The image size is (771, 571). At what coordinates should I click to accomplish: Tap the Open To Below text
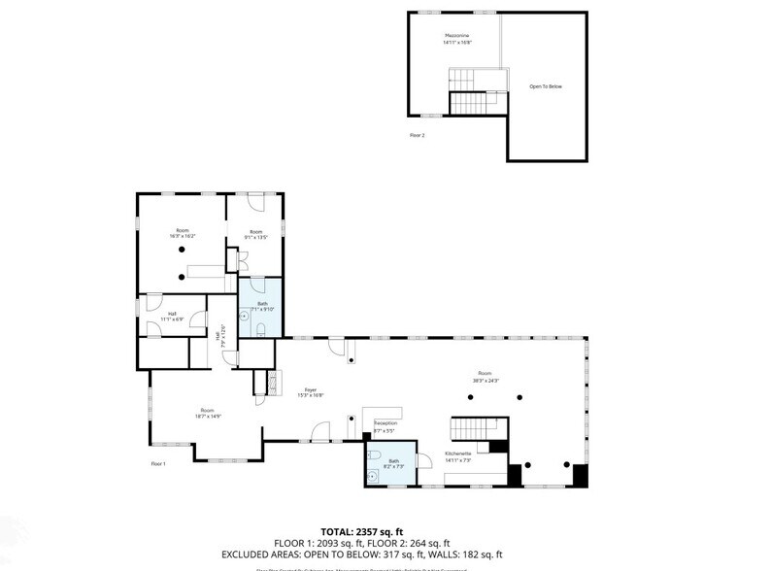pyautogui.click(x=545, y=86)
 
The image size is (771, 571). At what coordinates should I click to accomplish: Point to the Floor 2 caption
pyautogui.click(x=418, y=136)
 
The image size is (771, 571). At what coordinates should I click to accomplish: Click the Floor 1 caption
pyautogui.click(x=157, y=463)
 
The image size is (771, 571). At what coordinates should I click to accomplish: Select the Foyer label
pyautogui.click(x=311, y=391)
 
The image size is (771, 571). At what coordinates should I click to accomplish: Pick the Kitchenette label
pyautogui.click(x=458, y=455)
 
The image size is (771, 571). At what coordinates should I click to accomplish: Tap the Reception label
pyautogui.click(x=385, y=425)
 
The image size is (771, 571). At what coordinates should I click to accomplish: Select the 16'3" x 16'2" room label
pyautogui.click(x=183, y=234)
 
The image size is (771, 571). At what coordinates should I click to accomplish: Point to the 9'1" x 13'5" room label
pyautogui.click(x=256, y=234)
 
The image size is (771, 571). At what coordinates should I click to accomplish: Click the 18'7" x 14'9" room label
pyautogui.click(x=207, y=413)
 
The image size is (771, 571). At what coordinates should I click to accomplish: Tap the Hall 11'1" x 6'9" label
pyautogui.click(x=171, y=317)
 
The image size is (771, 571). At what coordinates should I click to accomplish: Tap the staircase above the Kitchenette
pyautogui.click(x=474, y=427)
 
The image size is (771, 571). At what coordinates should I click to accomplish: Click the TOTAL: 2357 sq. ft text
pyautogui.click(x=361, y=532)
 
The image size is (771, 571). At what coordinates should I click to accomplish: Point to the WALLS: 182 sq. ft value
pyautogui.click(x=486, y=555)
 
